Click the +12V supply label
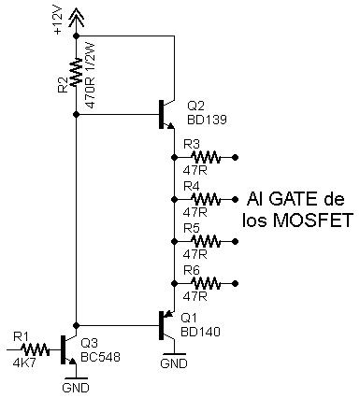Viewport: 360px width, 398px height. point(58,20)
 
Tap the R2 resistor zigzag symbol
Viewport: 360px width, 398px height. point(76,72)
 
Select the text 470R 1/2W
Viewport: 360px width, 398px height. point(91,75)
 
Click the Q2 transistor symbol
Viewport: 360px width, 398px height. point(166,114)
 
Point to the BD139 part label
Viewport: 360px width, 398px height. point(207,120)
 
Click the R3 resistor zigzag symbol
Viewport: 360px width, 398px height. point(206,157)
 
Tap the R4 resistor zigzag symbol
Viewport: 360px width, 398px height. point(206,199)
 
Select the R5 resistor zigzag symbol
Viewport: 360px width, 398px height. point(206,241)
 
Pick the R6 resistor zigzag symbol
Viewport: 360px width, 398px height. point(206,283)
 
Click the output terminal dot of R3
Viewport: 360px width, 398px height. point(236,157)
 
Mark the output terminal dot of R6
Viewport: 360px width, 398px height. point(236,283)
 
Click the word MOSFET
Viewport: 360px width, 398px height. point(313,220)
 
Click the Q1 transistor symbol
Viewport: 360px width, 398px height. point(166,325)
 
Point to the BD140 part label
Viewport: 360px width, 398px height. point(201,332)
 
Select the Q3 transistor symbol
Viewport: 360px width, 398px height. point(68,349)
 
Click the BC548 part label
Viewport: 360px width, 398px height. point(100,357)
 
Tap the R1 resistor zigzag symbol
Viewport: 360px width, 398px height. point(35,349)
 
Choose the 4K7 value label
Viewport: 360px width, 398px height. point(24,362)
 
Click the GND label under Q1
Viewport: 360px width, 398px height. point(174,363)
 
